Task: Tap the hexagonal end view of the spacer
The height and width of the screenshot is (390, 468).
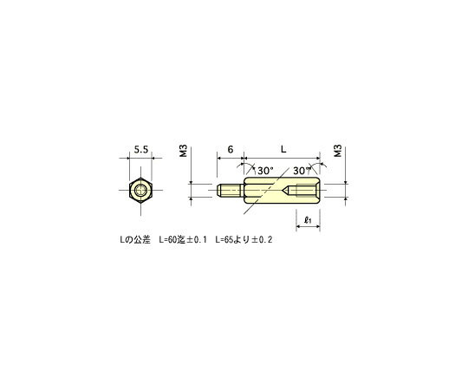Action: coord(140,191)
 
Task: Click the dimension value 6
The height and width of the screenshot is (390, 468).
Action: coord(231,150)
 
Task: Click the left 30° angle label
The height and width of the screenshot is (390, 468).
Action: coord(264,171)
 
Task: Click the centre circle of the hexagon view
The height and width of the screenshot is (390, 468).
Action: coord(140,191)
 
